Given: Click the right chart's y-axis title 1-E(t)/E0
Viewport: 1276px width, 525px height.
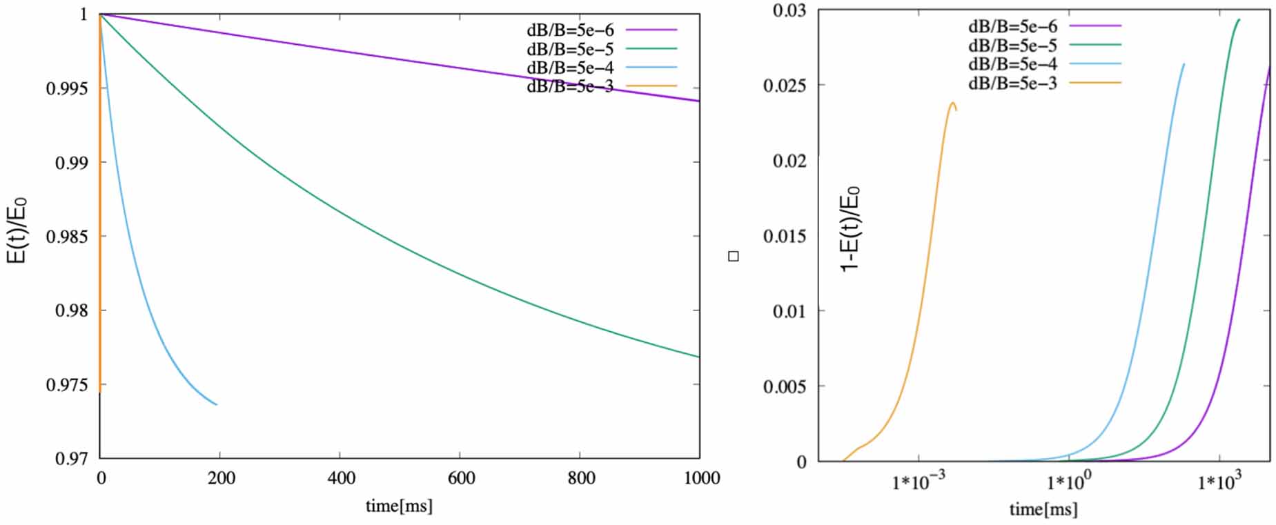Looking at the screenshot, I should [850, 228].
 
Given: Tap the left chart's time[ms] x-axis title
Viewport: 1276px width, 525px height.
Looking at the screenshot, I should [399, 506].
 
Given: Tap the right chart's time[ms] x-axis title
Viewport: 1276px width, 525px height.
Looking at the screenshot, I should [1043, 509].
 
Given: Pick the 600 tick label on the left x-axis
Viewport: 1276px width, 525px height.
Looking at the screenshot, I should [461, 478].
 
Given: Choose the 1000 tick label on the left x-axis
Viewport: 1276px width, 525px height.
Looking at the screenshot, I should [701, 478].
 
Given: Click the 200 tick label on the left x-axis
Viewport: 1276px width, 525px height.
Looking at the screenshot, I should [222, 478].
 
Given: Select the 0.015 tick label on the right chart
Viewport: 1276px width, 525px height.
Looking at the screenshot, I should [785, 236].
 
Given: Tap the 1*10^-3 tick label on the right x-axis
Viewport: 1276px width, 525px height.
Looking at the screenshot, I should [919, 482].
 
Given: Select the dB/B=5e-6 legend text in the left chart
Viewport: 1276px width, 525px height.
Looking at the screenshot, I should [570, 30].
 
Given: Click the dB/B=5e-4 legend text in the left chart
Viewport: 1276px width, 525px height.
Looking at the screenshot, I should [570, 68].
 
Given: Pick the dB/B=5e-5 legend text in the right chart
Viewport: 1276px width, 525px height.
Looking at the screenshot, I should [1012, 46].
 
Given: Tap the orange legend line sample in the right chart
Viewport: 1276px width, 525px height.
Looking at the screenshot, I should [1095, 83].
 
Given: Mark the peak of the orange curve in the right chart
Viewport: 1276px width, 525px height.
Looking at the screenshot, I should [952, 103].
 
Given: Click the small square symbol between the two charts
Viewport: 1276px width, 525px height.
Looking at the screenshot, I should [734, 257].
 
